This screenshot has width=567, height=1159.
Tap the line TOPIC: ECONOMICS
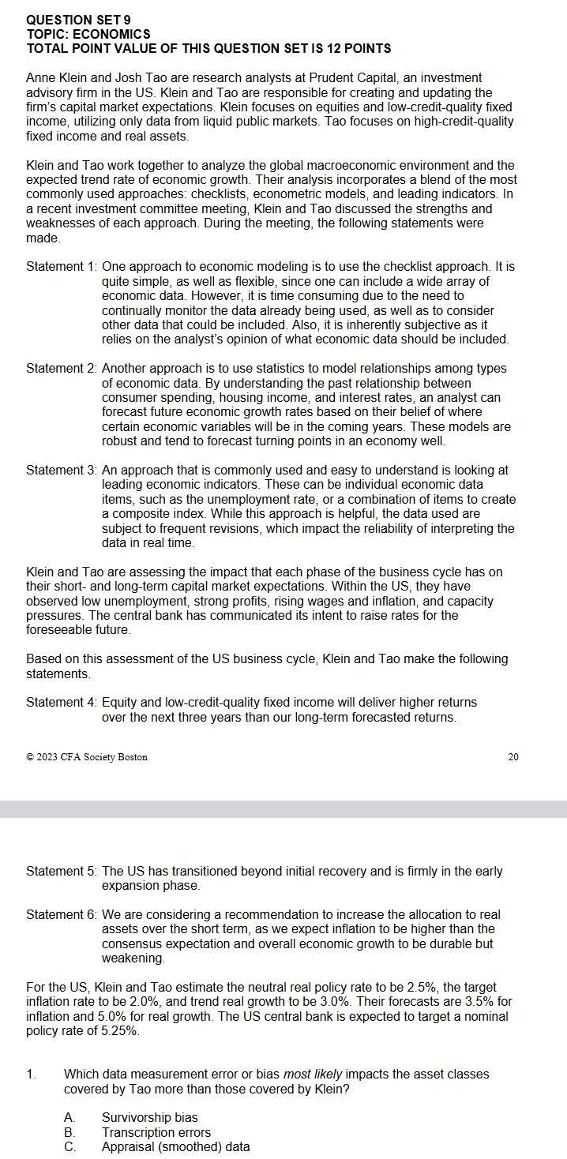88,34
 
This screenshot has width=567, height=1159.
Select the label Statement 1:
62,267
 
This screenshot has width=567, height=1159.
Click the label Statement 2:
62,369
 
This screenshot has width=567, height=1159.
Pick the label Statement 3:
62,471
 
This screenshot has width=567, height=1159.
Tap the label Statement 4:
62,703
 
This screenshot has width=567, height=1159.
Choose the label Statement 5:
62,872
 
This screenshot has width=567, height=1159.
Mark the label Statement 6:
62,915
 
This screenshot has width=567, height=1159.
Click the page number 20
513,756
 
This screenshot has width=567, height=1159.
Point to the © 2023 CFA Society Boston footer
87,757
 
